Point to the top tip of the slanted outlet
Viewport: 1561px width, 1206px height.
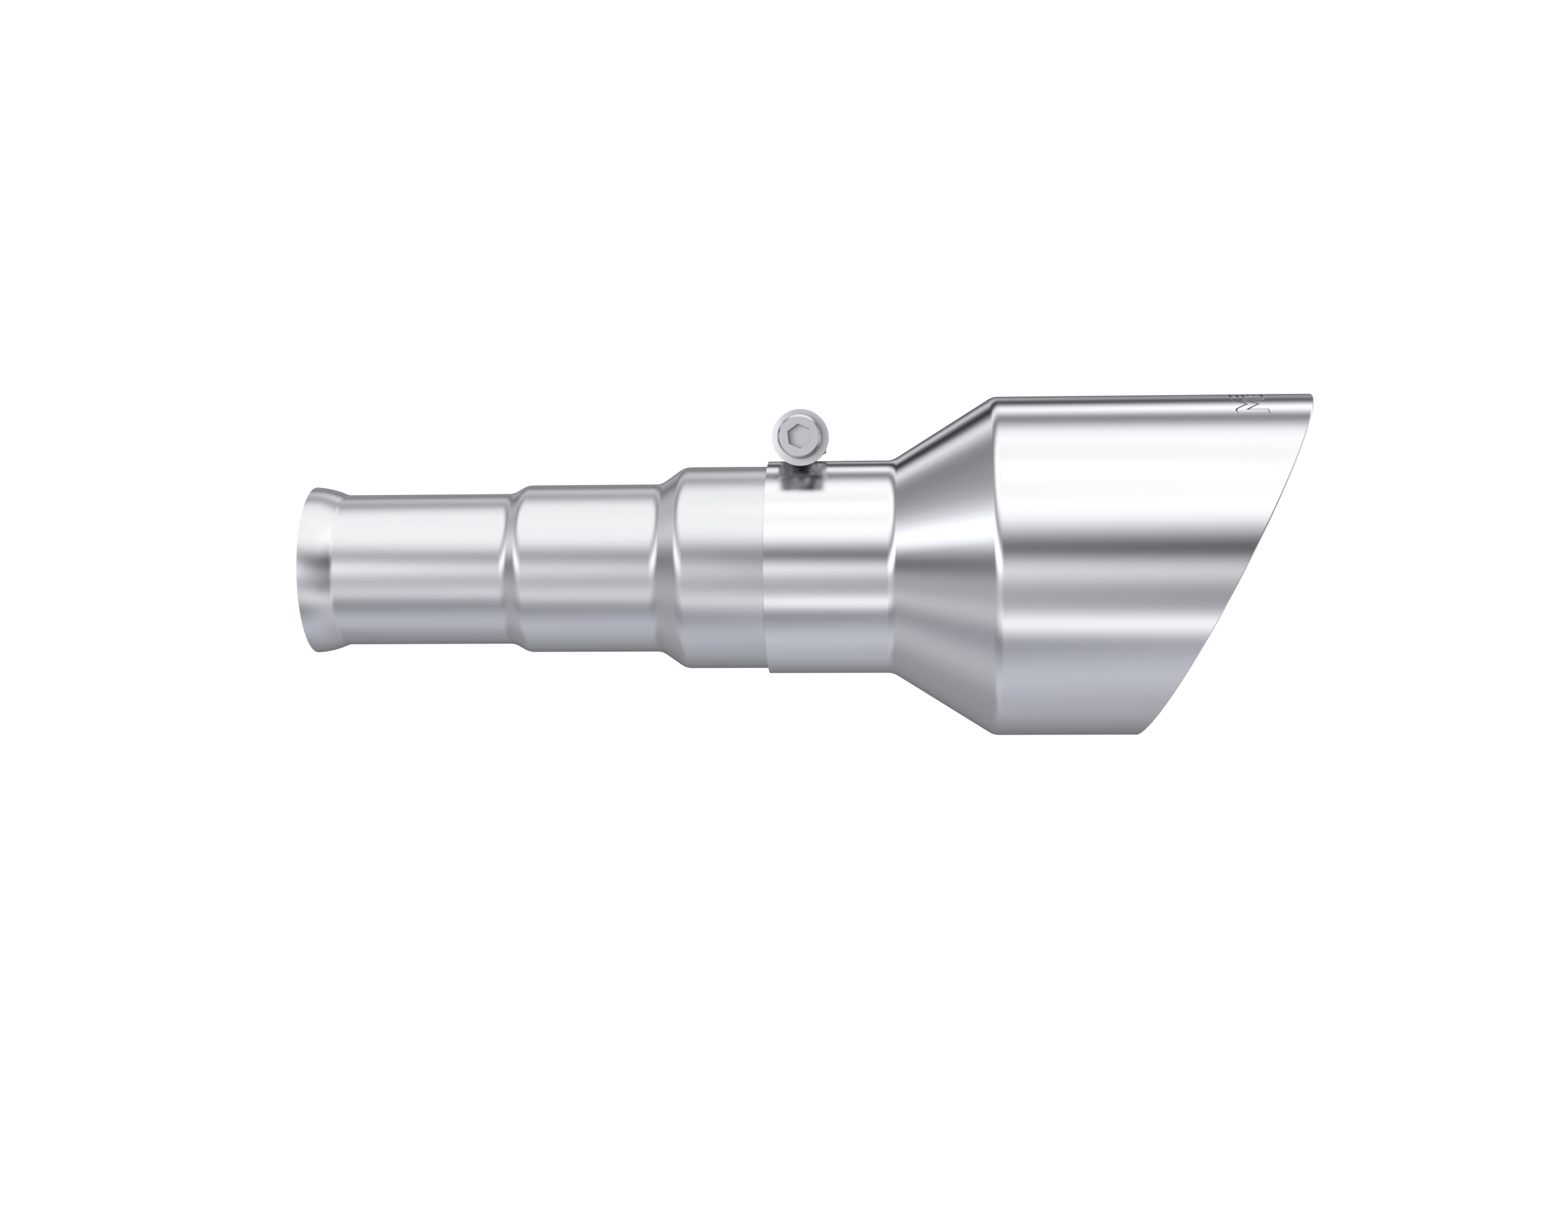pos(1312,396)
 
